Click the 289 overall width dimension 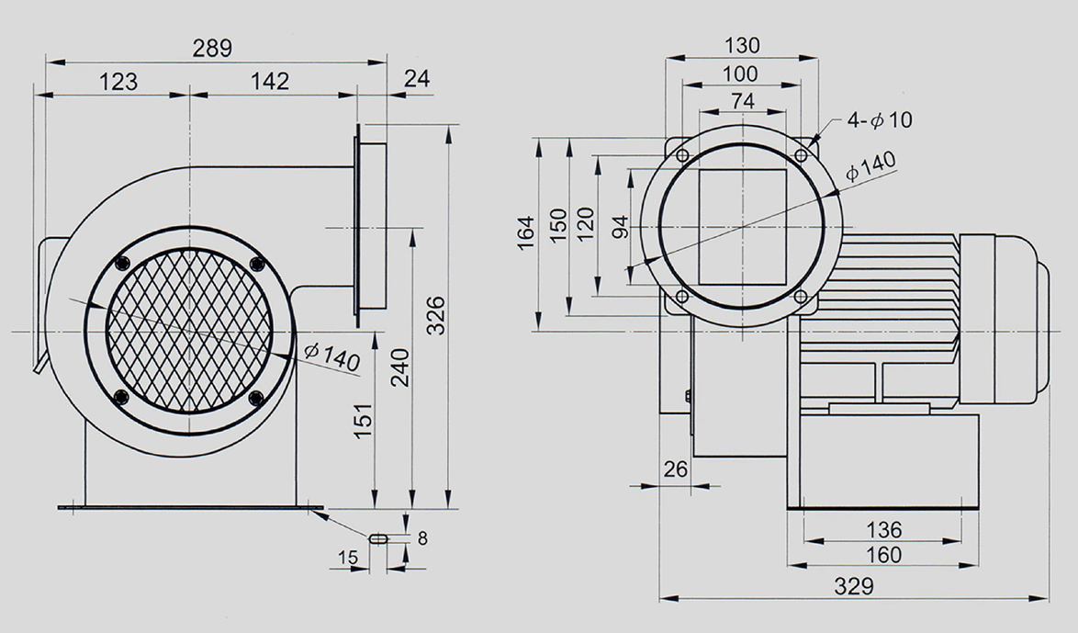212,48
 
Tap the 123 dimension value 118,82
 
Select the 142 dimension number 270,81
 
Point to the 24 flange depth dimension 417,78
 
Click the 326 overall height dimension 436,316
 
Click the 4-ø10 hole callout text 880,120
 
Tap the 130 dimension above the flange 743,45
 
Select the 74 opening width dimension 743,101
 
